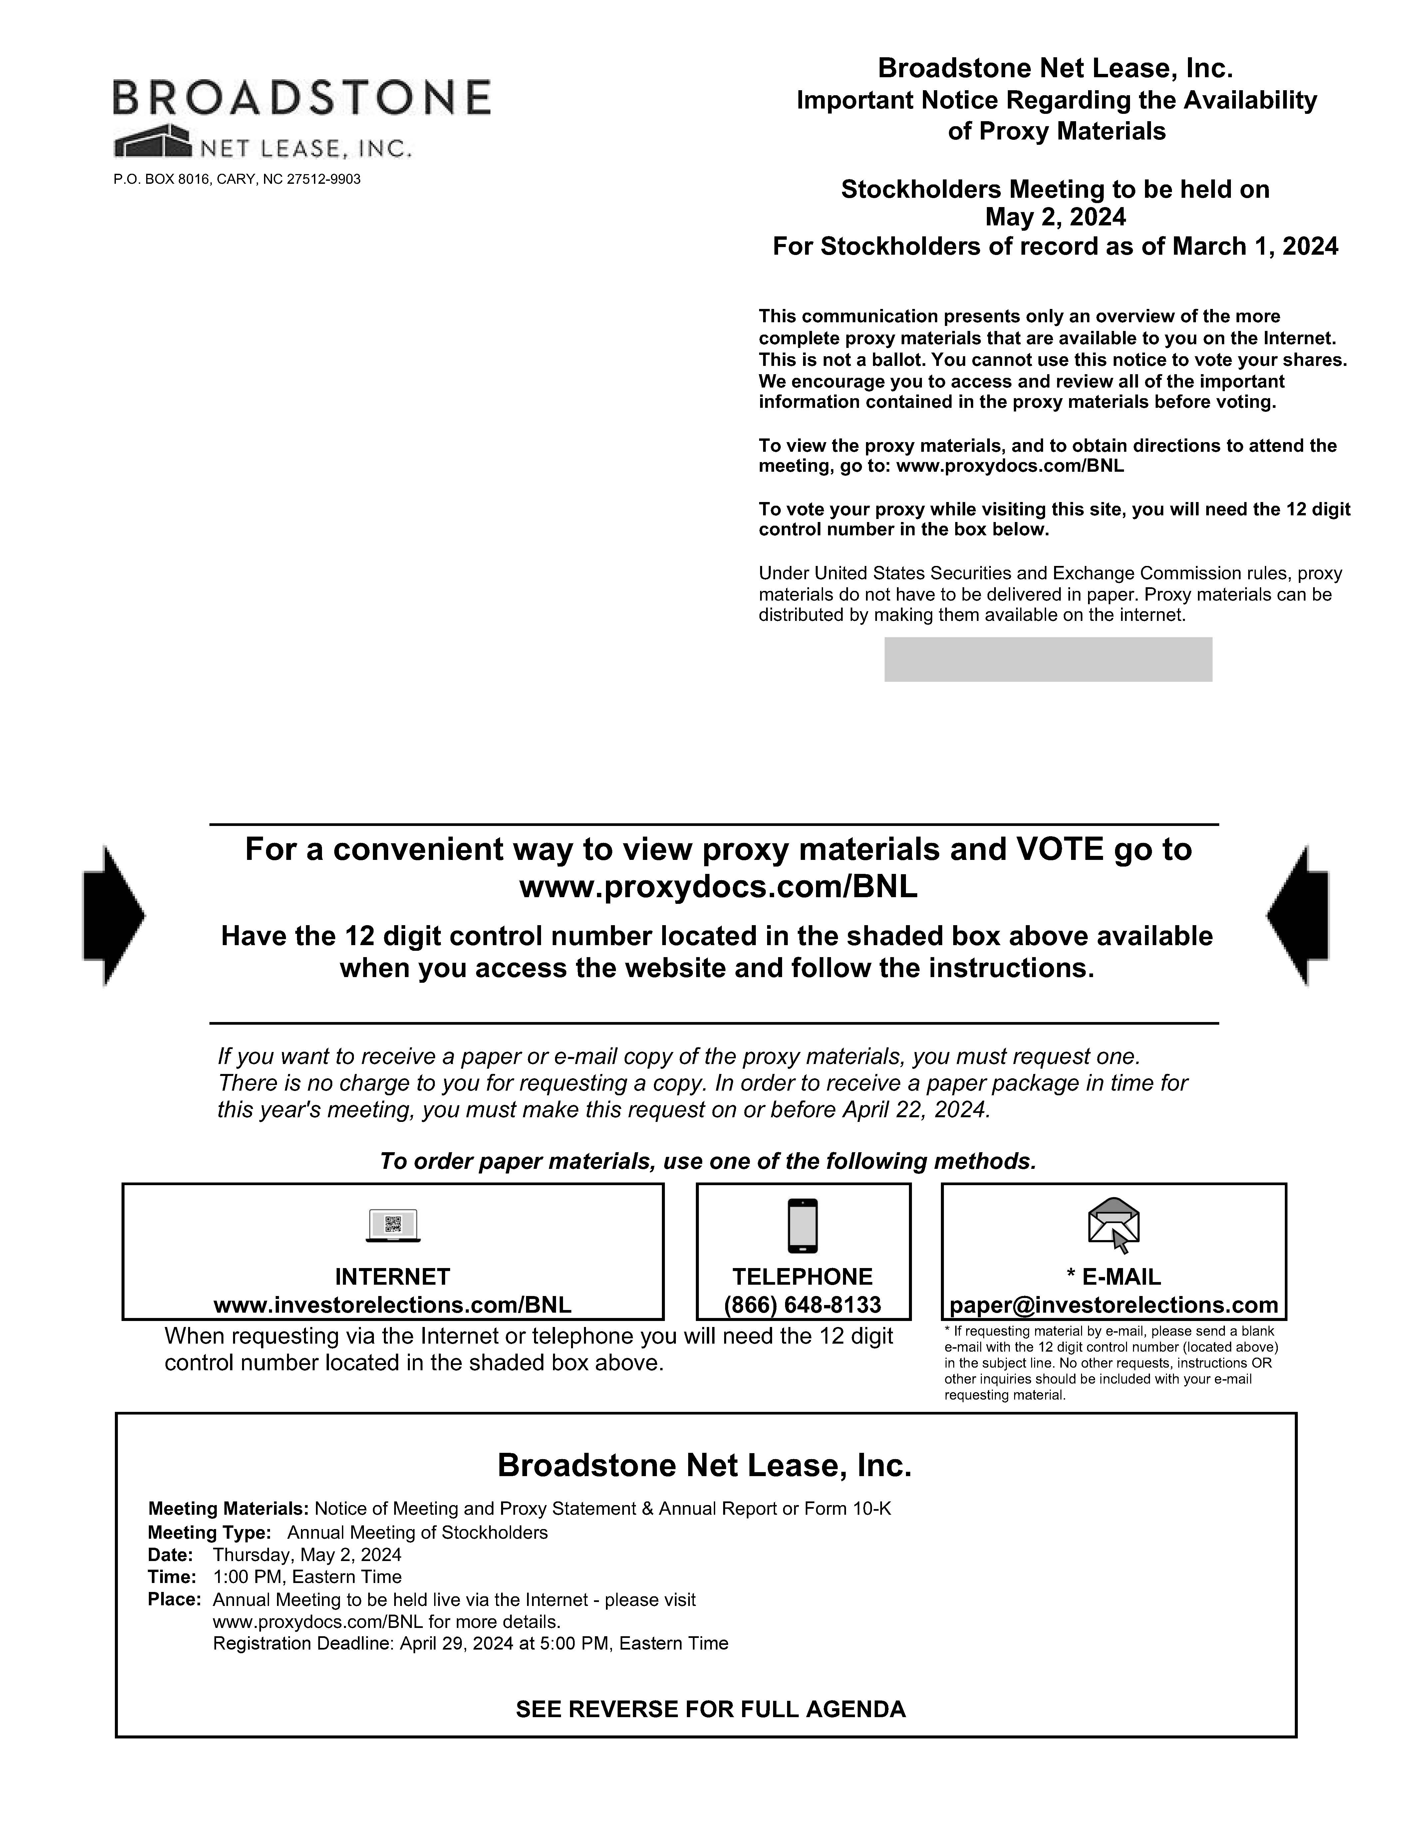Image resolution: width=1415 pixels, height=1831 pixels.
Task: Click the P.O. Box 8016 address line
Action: click(x=237, y=179)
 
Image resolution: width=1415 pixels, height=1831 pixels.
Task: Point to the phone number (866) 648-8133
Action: click(x=802, y=1304)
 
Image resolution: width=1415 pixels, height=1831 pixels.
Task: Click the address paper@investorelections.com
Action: click(x=1113, y=1304)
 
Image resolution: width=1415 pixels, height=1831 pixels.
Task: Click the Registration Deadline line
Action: click(x=470, y=1643)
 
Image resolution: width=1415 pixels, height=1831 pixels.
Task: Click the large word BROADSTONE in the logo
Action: click(x=302, y=97)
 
